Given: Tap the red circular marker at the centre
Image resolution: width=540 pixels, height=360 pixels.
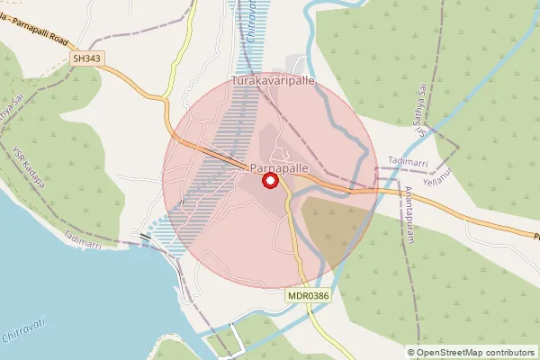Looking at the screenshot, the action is pos(269,182).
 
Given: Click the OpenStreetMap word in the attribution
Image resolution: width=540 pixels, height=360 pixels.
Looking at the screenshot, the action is pos(453,353).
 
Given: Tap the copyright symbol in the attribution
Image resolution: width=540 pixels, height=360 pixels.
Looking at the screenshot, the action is pos(412,353).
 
